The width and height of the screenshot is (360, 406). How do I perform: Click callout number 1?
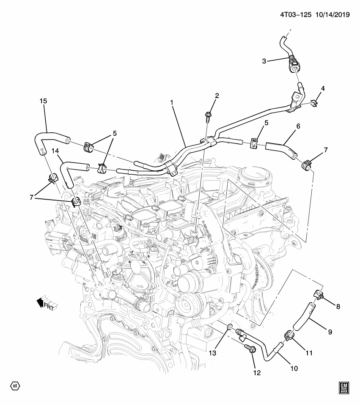coord(172,103)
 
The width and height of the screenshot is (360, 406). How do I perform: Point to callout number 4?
coord(323,89)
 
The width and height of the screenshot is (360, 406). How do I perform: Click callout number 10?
coord(294,368)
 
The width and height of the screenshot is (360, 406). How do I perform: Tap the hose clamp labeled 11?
coord(287,336)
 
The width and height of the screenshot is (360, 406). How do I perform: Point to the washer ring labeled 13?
coord(229,326)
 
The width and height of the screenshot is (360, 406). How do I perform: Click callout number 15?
coord(43,101)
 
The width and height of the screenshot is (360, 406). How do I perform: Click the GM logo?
coord(343,388)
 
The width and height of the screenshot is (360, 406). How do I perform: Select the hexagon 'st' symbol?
coord(15,386)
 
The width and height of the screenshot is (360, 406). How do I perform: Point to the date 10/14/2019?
coord(333,14)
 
